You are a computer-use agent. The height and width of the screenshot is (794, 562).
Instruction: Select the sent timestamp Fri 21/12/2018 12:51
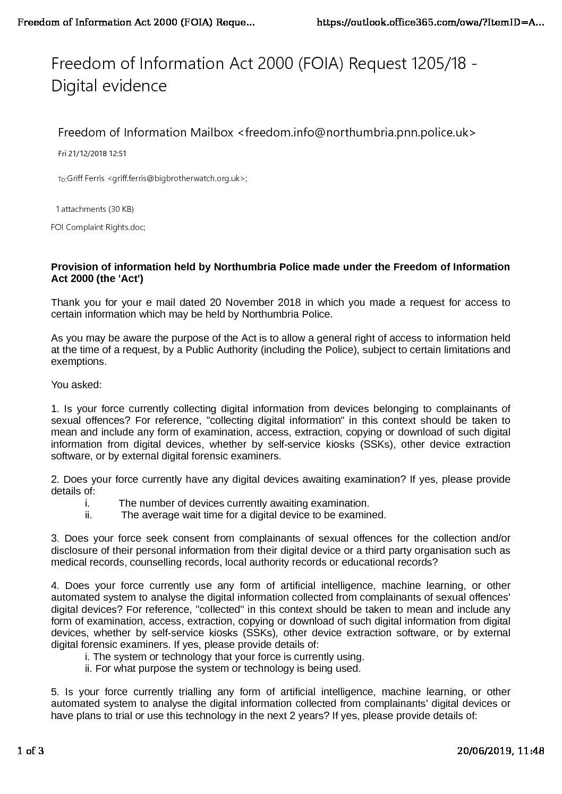pos(92,154)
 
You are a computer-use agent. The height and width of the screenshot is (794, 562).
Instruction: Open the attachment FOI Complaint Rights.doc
pos(98,227)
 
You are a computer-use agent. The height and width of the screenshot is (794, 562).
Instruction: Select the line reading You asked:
pos(72,385)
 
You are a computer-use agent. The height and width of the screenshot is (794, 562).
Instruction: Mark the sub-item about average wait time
pos(253,515)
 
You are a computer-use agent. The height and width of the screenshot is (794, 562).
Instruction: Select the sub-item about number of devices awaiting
pos(243,503)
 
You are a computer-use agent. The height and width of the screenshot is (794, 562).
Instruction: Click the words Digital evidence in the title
pos(109,86)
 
